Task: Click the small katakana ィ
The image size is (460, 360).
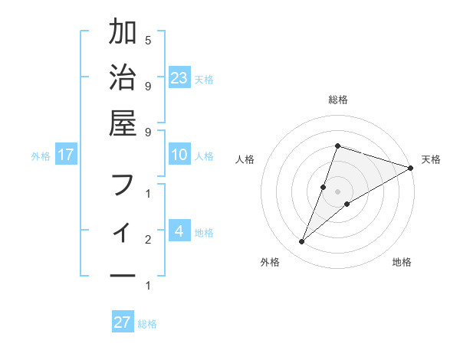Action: click(123, 231)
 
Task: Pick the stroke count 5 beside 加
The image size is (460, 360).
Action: click(148, 40)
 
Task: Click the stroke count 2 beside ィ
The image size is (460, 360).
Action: click(148, 240)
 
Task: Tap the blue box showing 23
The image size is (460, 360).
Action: click(179, 77)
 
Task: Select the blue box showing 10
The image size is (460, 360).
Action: click(179, 155)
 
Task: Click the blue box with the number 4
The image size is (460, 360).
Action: click(179, 231)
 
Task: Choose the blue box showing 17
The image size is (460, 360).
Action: click(66, 155)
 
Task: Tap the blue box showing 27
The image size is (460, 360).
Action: click(123, 322)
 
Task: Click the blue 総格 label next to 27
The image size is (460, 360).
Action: click(148, 324)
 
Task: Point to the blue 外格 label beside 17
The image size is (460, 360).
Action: click(41, 156)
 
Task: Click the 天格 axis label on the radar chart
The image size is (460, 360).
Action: click(431, 159)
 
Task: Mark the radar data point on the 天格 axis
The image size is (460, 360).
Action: click(410, 168)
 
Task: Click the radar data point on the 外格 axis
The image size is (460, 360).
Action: click(302, 242)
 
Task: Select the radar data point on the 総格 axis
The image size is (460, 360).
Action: click(337, 146)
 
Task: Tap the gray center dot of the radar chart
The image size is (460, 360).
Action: click(337, 191)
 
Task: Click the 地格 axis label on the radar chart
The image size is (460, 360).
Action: click(402, 262)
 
